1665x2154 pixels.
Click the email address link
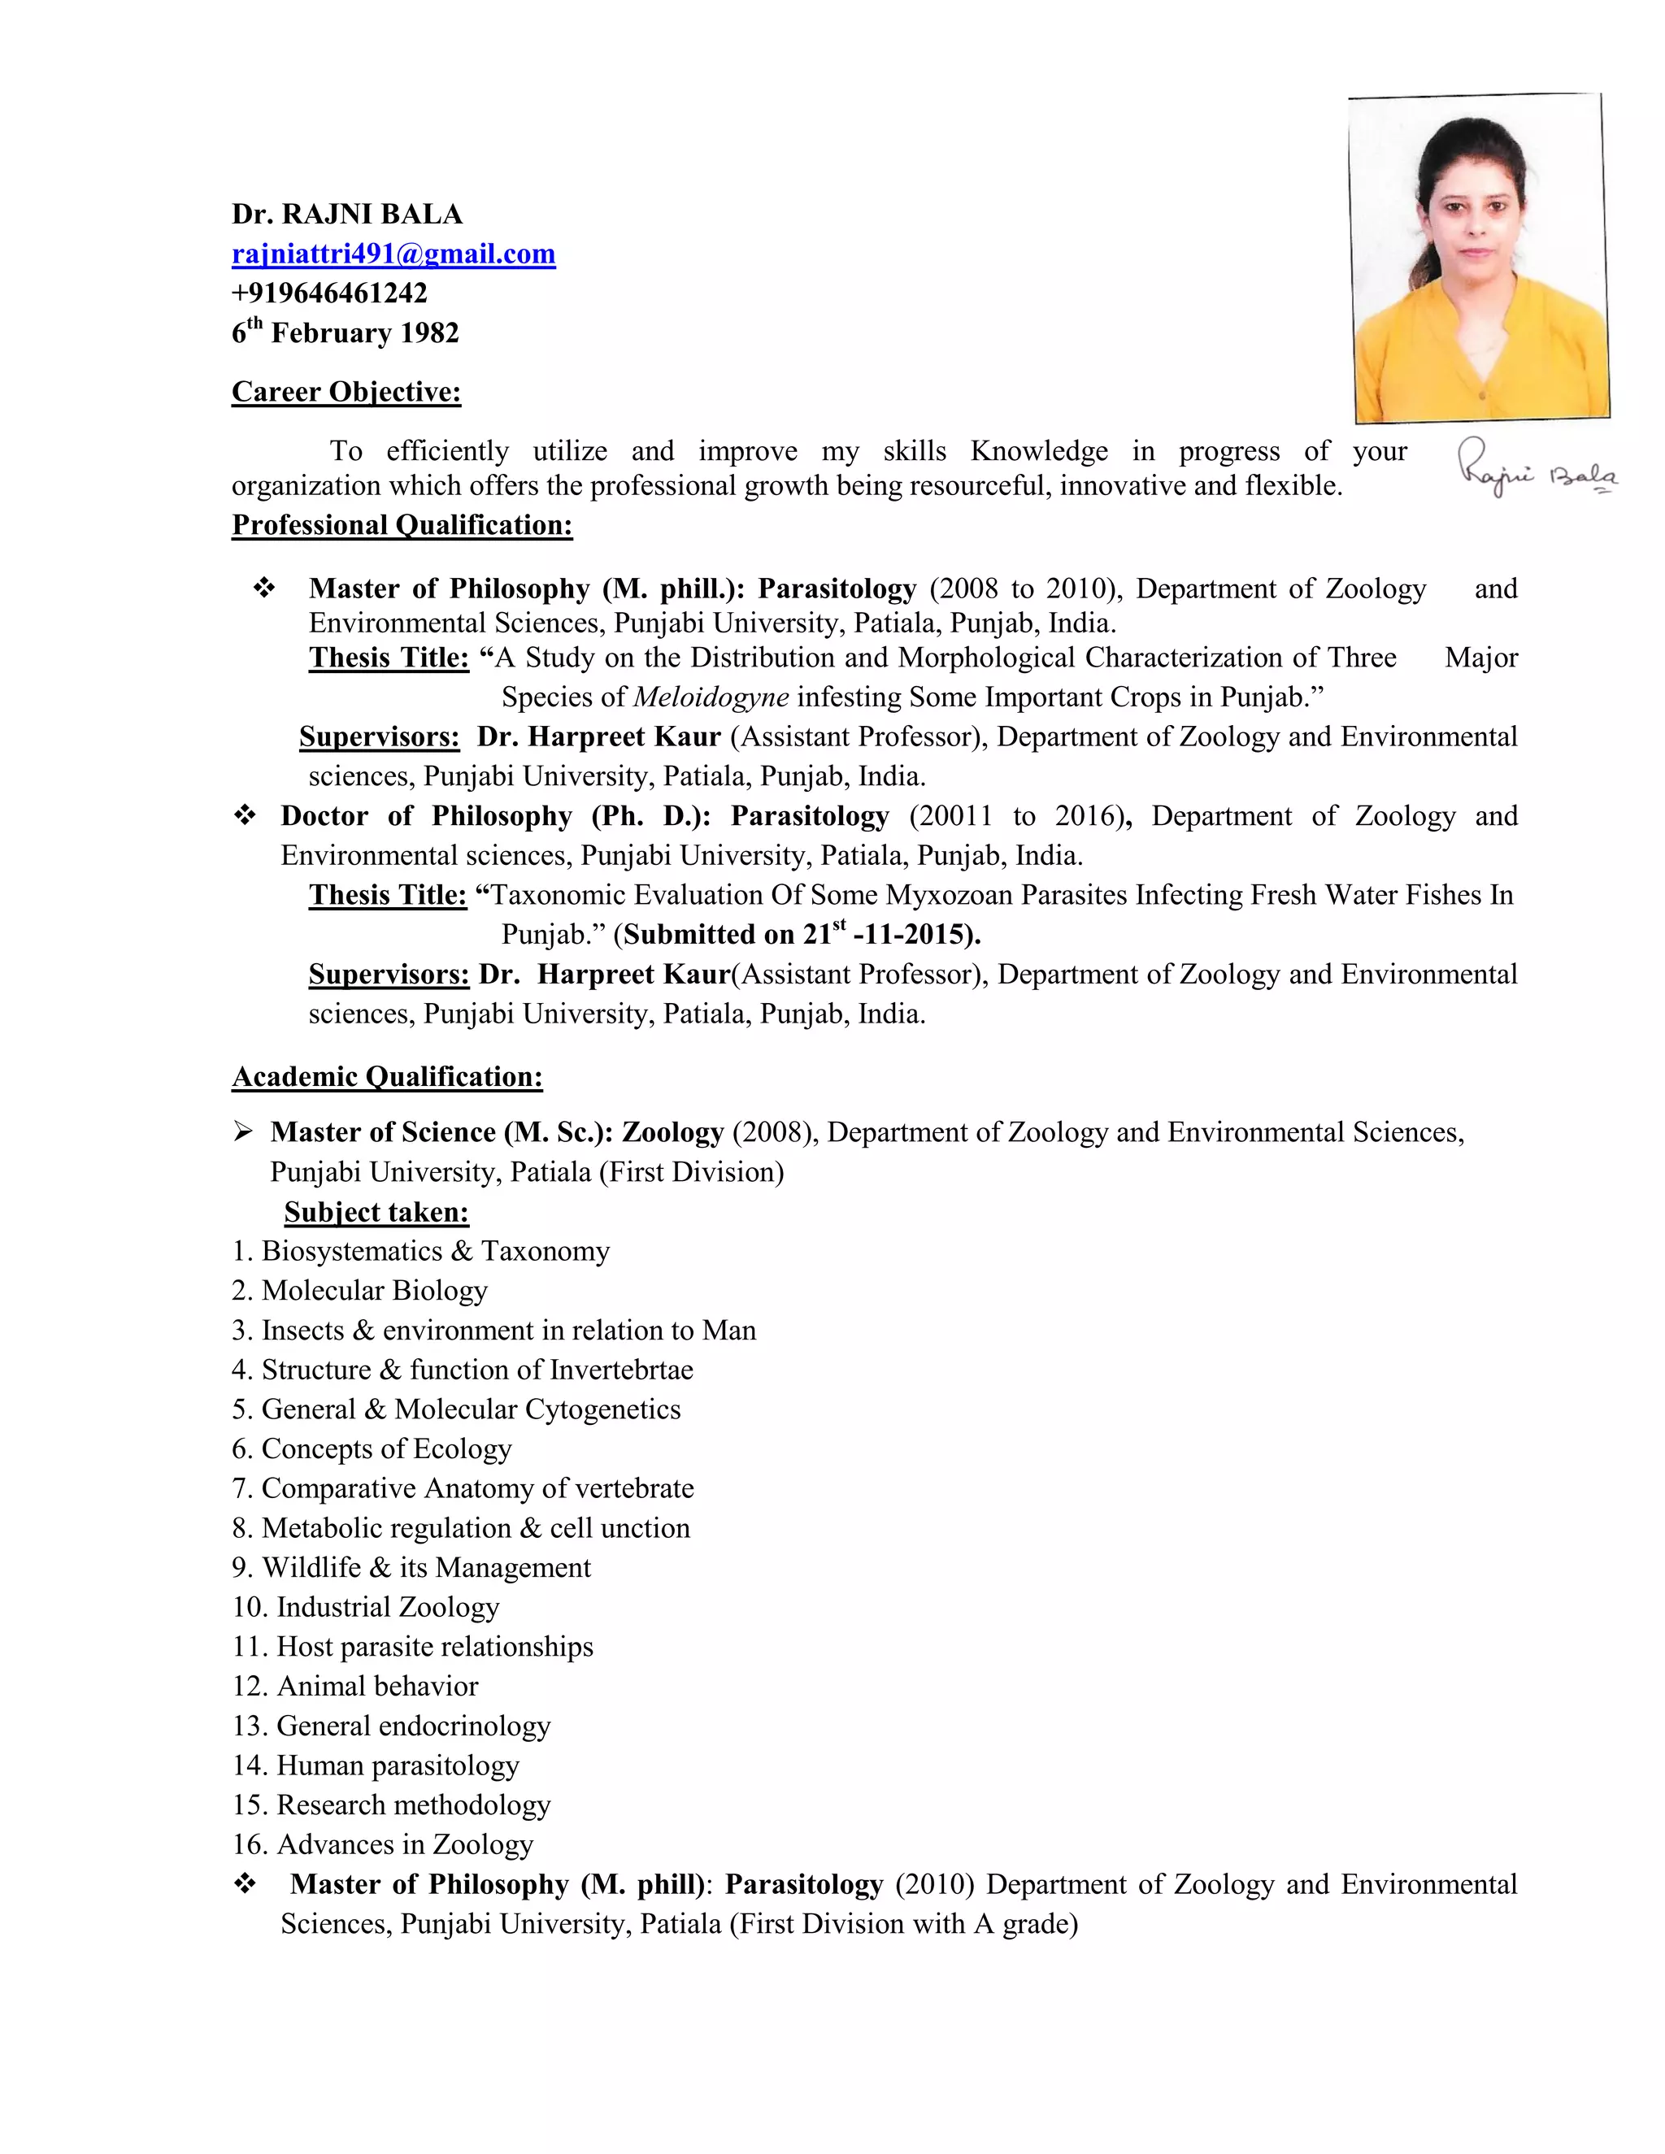click(x=393, y=254)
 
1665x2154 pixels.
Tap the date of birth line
click(x=346, y=332)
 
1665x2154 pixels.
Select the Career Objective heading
click(x=346, y=392)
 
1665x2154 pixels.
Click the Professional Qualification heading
click(x=402, y=525)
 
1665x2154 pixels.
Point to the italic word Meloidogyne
click(x=711, y=697)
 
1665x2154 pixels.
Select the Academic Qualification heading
click(x=387, y=1076)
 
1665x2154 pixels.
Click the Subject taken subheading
click(x=376, y=1211)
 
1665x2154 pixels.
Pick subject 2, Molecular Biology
click(x=360, y=1290)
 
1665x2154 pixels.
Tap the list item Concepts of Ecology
click(x=372, y=1448)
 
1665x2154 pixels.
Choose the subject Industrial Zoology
click(x=366, y=1607)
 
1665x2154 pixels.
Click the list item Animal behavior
click(x=355, y=1686)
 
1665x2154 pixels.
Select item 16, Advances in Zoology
click(x=383, y=1843)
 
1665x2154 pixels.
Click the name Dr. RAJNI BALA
click(x=346, y=214)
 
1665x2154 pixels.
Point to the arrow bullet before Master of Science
click(x=242, y=1131)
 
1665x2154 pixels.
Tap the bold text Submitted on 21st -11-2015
click(x=801, y=934)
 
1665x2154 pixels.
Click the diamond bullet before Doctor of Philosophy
click(x=245, y=815)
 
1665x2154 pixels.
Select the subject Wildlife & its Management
click(x=411, y=1567)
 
